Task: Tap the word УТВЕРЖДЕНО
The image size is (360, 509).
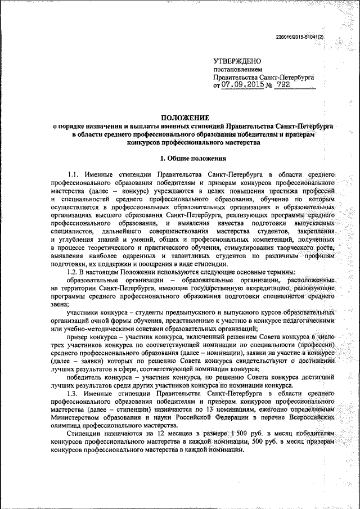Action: coord(237,60)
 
